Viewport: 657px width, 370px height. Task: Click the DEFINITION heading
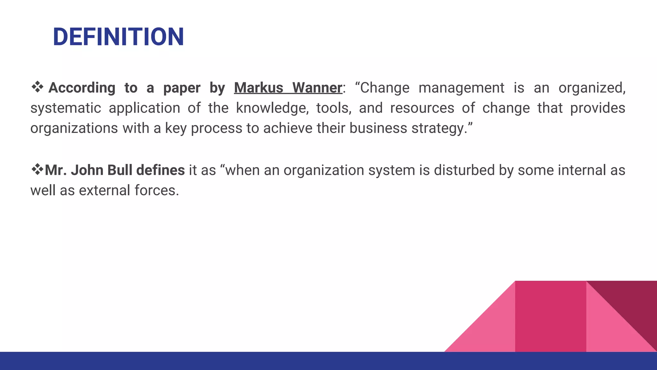click(118, 37)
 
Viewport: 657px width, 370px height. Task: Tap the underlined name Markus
click(259, 88)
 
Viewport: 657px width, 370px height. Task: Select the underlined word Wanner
click(317, 88)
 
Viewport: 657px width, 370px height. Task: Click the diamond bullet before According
click(38, 87)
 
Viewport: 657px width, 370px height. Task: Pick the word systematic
click(65, 108)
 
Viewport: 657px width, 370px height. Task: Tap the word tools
click(334, 108)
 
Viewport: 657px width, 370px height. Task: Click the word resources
click(422, 108)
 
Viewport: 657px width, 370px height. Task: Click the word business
click(378, 128)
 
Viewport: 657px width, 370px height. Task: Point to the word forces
click(157, 190)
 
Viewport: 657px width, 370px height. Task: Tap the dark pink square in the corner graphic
click(550, 316)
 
